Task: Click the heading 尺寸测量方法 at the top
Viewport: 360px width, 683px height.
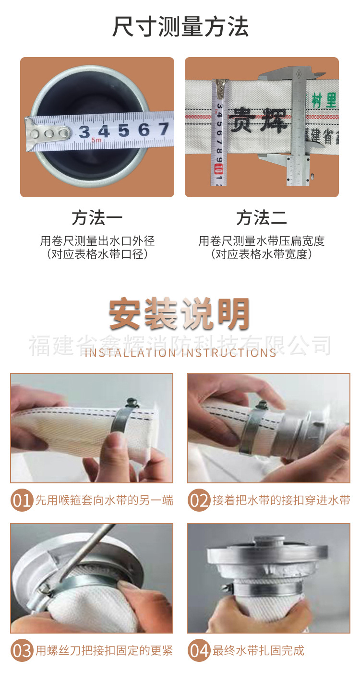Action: (x=180, y=27)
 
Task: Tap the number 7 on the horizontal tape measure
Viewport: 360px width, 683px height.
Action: (x=163, y=129)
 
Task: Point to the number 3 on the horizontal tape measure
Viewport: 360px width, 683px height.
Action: (x=84, y=132)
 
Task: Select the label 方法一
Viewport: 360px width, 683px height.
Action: (x=97, y=218)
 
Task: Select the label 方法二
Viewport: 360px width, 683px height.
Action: (x=262, y=218)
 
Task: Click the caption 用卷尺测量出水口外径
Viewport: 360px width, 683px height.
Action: (x=97, y=241)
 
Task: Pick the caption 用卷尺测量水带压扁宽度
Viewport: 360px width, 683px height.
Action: (x=262, y=241)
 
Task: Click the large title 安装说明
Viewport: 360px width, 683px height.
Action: (x=180, y=315)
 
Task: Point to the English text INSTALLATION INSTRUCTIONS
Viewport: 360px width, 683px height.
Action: (x=180, y=353)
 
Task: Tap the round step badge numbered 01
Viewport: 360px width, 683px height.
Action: (x=22, y=501)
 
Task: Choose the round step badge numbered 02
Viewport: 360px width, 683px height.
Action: (x=199, y=501)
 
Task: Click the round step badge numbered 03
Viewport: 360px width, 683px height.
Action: (x=22, y=651)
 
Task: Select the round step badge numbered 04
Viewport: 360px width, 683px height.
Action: (x=199, y=651)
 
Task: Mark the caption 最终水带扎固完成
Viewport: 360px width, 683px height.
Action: (x=258, y=651)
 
